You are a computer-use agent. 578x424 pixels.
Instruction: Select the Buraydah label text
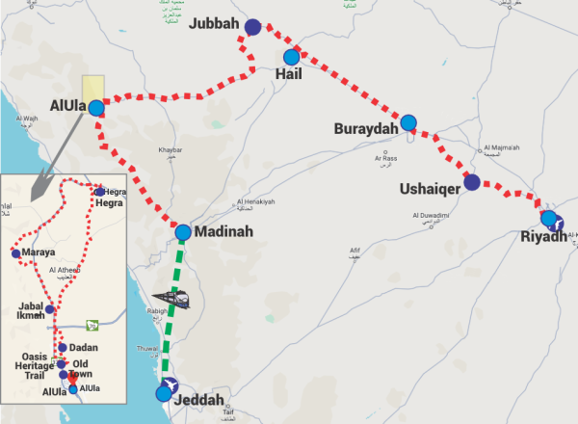[366, 129]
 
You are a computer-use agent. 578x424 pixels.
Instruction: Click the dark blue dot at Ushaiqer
[472, 182]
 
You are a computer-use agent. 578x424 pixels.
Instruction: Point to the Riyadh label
[542, 237]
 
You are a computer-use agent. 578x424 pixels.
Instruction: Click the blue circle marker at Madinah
[183, 232]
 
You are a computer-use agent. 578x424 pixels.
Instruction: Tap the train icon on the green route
[173, 300]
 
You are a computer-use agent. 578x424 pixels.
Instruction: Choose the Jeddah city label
[201, 400]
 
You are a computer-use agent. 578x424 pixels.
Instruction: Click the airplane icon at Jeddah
[168, 391]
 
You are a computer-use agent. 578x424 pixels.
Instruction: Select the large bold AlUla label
[67, 104]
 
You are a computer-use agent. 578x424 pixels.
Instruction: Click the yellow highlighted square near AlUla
[93, 88]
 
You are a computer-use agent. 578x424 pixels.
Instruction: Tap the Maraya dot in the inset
[15, 253]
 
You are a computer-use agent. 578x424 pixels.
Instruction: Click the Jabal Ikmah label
[32, 309]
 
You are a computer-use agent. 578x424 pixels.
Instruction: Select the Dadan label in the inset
[85, 347]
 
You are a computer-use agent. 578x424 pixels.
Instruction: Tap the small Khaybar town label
[183, 150]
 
